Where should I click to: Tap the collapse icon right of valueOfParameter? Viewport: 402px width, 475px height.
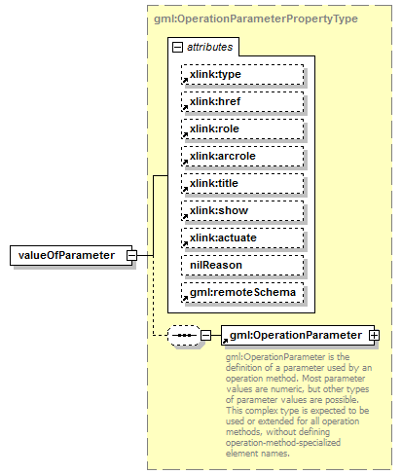tap(144, 256)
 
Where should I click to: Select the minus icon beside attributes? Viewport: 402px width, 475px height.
tap(176, 47)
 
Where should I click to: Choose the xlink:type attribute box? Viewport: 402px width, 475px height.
tap(241, 74)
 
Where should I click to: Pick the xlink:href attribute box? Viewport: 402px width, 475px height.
tap(241, 101)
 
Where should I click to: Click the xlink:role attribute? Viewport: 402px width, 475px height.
tap(241, 128)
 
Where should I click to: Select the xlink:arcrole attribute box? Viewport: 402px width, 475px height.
tap(241, 156)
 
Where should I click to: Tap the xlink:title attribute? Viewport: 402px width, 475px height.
tap(241, 183)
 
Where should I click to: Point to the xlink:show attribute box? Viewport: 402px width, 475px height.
tap(241, 210)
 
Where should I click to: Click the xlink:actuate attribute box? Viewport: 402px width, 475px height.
tap(241, 237)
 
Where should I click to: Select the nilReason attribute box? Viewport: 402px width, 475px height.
tap(241, 265)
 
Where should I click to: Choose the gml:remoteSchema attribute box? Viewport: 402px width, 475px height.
tap(241, 292)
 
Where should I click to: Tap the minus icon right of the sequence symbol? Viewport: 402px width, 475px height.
tap(205, 336)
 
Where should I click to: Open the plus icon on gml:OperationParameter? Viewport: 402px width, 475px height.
tap(373, 336)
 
